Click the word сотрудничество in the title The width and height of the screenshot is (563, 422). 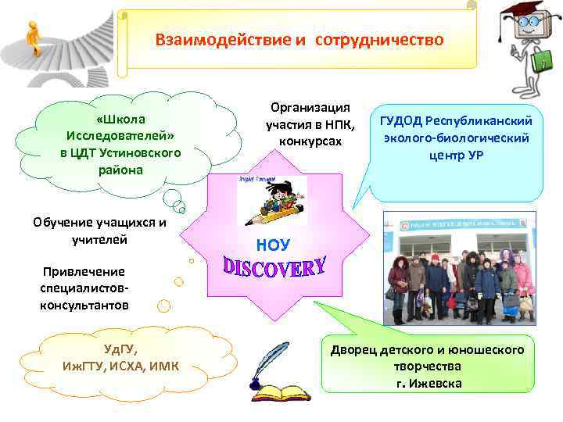coord(379,39)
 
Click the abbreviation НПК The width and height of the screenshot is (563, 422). coord(342,125)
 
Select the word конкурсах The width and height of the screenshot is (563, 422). coord(310,142)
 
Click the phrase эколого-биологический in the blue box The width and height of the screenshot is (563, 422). coord(456,138)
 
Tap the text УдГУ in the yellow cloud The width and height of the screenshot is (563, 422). coord(120,349)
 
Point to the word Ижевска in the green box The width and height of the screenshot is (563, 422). coord(436,384)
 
